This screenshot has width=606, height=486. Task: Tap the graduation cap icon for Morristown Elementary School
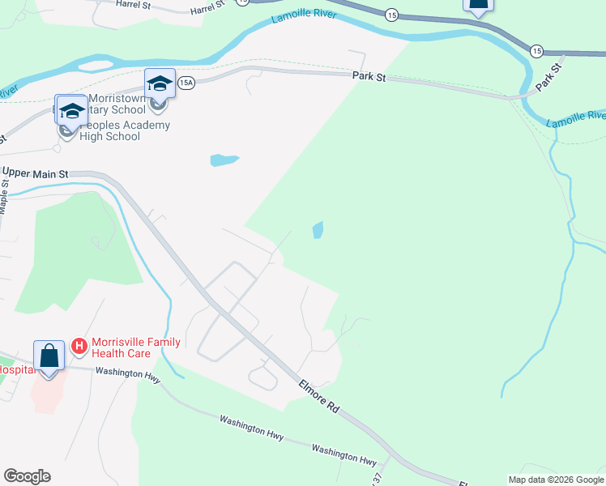160,83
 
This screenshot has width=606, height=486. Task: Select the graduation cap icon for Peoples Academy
71,111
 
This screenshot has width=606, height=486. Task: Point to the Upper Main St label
36,173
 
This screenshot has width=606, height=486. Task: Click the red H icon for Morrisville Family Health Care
79,347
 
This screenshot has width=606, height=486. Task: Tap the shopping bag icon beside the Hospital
49,356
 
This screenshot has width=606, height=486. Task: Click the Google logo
27,476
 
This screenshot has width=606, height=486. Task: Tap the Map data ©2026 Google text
555,480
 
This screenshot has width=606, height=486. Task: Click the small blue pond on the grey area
224,160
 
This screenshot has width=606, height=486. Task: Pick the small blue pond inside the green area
318,230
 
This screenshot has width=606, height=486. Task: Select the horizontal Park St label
369,76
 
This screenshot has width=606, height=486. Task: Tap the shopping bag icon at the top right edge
478,4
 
